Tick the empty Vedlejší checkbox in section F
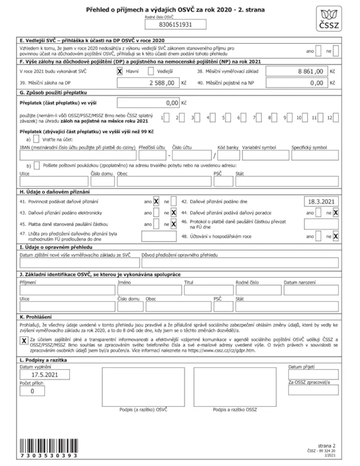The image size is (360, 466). point(151,71)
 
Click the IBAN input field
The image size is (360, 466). point(77,155)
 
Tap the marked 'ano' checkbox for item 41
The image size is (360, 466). point(156,202)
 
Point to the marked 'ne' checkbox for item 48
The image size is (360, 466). point(336,237)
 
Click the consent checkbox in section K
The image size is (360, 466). point(24,340)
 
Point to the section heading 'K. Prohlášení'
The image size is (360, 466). point(37,316)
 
